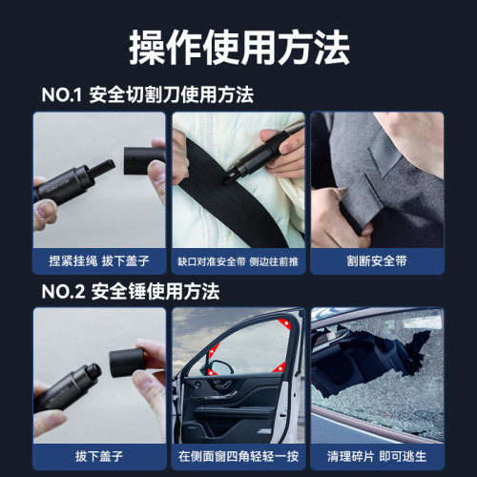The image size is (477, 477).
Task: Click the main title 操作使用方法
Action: pos(238,45)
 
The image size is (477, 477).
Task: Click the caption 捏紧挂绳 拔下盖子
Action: pos(99,260)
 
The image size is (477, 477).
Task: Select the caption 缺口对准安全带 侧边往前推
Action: pos(238,260)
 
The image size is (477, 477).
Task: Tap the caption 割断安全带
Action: pos(377,260)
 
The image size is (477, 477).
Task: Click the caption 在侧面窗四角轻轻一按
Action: pos(238,454)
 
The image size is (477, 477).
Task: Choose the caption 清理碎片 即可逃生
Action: pos(377,454)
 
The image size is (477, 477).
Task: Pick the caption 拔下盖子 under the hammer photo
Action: pos(99,454)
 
